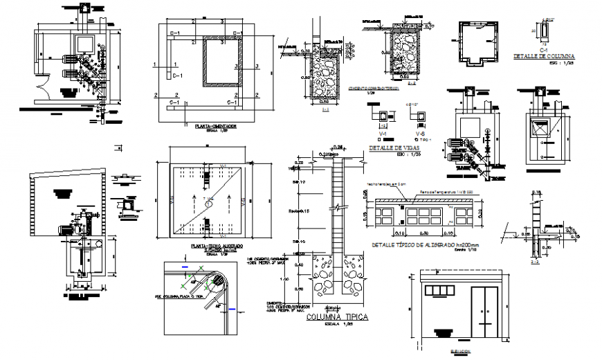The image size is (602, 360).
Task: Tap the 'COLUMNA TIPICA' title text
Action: click(339, 316)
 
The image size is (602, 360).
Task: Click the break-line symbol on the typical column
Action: click(336, 208)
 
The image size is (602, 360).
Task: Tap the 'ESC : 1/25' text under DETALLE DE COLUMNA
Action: click(549, 63)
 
